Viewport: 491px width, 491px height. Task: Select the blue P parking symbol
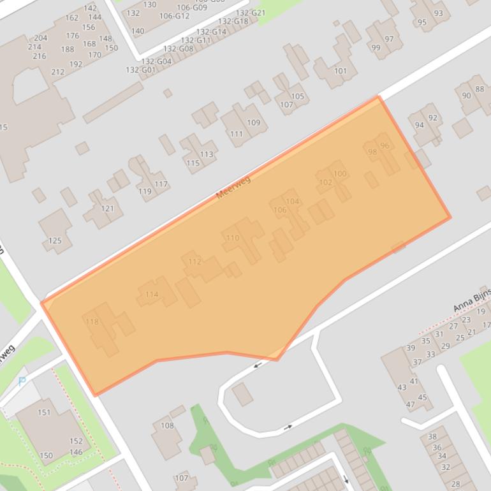tap(22, 382)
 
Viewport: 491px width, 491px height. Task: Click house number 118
tap(92, 322)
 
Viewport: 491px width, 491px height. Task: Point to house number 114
tap(152, 295)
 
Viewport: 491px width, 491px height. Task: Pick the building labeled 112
tap(194, 262)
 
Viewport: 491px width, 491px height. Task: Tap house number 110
tap(232, 238)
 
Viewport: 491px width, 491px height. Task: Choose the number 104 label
tap(292, 202)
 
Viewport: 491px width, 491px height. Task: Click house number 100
tap(340, 173)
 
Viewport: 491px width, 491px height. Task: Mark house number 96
tap(384, 146)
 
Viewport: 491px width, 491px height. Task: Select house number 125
tap(55, 240)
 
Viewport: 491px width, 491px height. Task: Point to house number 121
tap(107, 209)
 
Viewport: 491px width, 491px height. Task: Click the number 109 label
tap(253, 122)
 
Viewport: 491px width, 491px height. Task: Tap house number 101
tap(340, 71)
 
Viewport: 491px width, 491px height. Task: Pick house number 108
tap(166, 425)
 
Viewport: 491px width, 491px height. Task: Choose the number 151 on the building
tap(43, 412)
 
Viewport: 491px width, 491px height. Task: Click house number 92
tap(433, 117)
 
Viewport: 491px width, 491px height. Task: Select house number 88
tap(479, 89)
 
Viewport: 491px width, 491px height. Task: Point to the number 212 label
tap(57, 72)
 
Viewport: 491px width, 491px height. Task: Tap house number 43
tap(402, 387)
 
